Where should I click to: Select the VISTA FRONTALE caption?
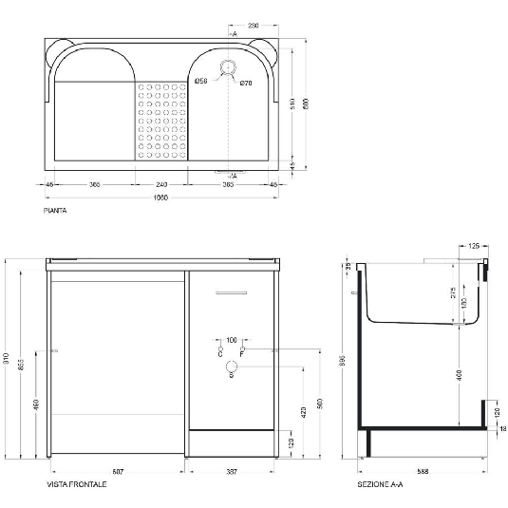(x=77, y=484)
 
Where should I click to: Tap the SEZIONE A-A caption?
(x=379, y=484)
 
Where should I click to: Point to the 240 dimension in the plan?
(x=160, y=184)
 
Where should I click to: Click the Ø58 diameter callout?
(x=201, y=83)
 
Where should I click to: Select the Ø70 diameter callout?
(x=245, y=84)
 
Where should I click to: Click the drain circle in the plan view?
(x=228, y=66)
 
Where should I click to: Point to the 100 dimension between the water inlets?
(x=231, y=339)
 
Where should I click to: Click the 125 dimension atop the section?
(x=475, y=246)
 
